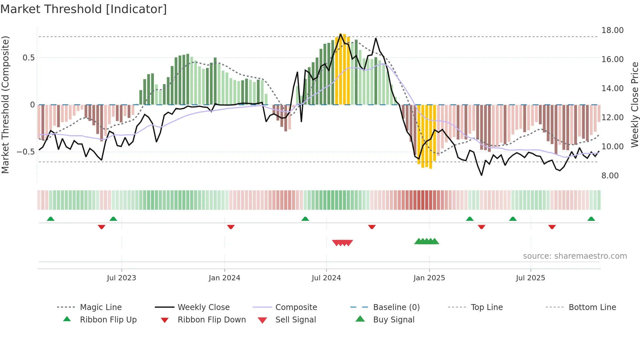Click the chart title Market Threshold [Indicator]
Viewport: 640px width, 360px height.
coord(84,9)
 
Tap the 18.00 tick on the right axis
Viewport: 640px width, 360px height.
coord(612,30)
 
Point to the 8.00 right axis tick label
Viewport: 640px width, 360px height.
coord(610,176)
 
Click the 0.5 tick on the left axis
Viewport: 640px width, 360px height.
coord(28,58)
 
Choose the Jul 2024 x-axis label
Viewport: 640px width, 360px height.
coord(326,278)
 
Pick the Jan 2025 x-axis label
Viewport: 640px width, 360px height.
coord(429,278)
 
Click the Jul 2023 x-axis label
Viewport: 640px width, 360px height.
coord(121,278)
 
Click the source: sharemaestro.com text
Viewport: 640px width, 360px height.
coord(575,256)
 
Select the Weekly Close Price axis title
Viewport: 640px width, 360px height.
coord(634,105)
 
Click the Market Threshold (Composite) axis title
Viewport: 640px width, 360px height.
coord(5,105)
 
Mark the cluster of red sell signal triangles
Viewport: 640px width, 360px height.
coord(342,243)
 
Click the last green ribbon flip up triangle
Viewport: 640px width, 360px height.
coord(591,219)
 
